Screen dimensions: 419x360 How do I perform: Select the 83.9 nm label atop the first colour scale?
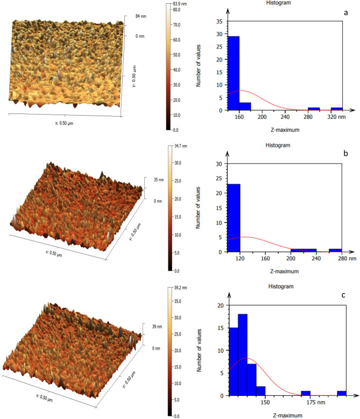click(181, 4)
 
